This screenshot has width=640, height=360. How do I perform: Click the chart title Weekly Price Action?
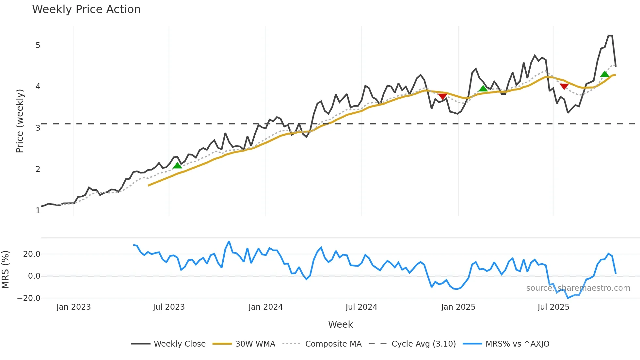tap(86, 9)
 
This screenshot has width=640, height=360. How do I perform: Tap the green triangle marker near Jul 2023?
tap(177, 166)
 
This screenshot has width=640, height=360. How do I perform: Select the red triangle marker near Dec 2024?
tap(442, 96)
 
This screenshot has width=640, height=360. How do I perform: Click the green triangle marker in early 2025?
tap(483, 89)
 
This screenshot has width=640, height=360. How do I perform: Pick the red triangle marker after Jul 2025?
tap(564, 86)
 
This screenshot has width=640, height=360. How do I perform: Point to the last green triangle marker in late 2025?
tap(605, 74)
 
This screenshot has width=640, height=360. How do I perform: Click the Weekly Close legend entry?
tap(179, 344)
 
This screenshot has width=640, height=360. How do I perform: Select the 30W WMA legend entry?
tap(255, 344)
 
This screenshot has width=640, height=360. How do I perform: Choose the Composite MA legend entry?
tap(333, 344)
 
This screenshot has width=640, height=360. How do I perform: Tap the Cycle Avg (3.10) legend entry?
tap(424, 344)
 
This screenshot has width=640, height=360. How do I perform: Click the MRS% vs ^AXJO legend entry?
tap(517, 344)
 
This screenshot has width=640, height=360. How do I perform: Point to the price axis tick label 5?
tap(38, 45)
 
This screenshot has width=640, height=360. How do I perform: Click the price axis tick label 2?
tap(38, 169)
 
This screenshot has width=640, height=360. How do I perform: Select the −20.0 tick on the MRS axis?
tap(29, 298)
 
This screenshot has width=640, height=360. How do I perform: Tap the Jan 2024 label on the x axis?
tap(265, 307)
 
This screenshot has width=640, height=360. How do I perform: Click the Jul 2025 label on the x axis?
tap(553, 307)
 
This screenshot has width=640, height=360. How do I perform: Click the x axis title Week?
tap(340, 324)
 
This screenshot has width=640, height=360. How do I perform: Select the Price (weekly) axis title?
tap(20, 121)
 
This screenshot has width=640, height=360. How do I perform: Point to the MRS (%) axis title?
tap(5, 270)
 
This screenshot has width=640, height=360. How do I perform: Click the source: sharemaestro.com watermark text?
tap(578, 288)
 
